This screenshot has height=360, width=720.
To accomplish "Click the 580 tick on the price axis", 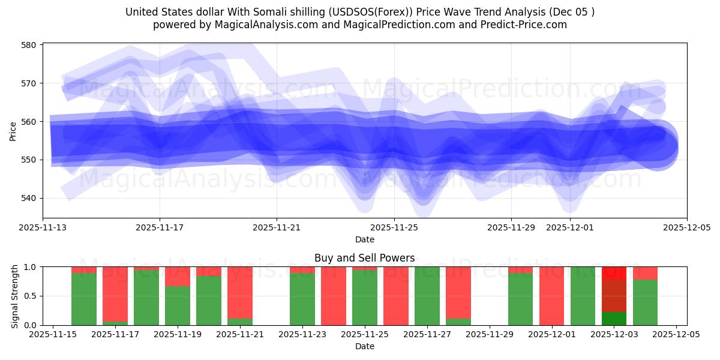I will pos(29,45).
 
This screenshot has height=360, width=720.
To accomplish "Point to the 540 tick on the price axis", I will pos(29,198).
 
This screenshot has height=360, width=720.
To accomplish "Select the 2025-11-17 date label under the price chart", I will pos(160,228).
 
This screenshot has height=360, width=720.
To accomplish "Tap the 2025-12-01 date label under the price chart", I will pos(569,228).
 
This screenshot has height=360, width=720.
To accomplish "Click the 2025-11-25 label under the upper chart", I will pos(394,228).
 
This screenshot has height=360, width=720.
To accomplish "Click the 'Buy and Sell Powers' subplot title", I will pos(364,258).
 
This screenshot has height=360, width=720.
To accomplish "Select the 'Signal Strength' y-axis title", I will pos(15,296).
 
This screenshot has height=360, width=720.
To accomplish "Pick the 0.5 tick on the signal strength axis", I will pos(31,296).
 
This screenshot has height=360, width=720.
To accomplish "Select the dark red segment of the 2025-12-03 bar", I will pos(614,295).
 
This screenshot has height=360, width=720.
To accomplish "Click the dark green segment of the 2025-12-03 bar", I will pos(614,319).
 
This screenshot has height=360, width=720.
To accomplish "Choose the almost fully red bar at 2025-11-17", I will pos(115,294).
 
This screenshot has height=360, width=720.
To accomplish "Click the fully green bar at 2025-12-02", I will pos(583,296).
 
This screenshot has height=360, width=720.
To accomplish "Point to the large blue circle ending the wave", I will pos(658,148).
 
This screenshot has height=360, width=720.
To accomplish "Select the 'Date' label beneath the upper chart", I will pos(364,239).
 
